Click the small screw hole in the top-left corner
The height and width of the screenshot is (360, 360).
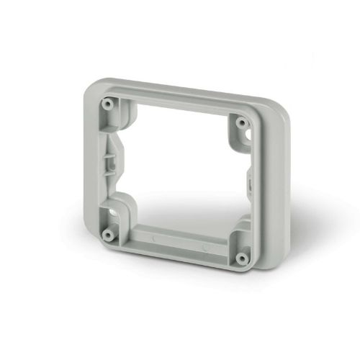(107, 104)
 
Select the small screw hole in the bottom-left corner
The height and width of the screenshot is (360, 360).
(107, 234)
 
